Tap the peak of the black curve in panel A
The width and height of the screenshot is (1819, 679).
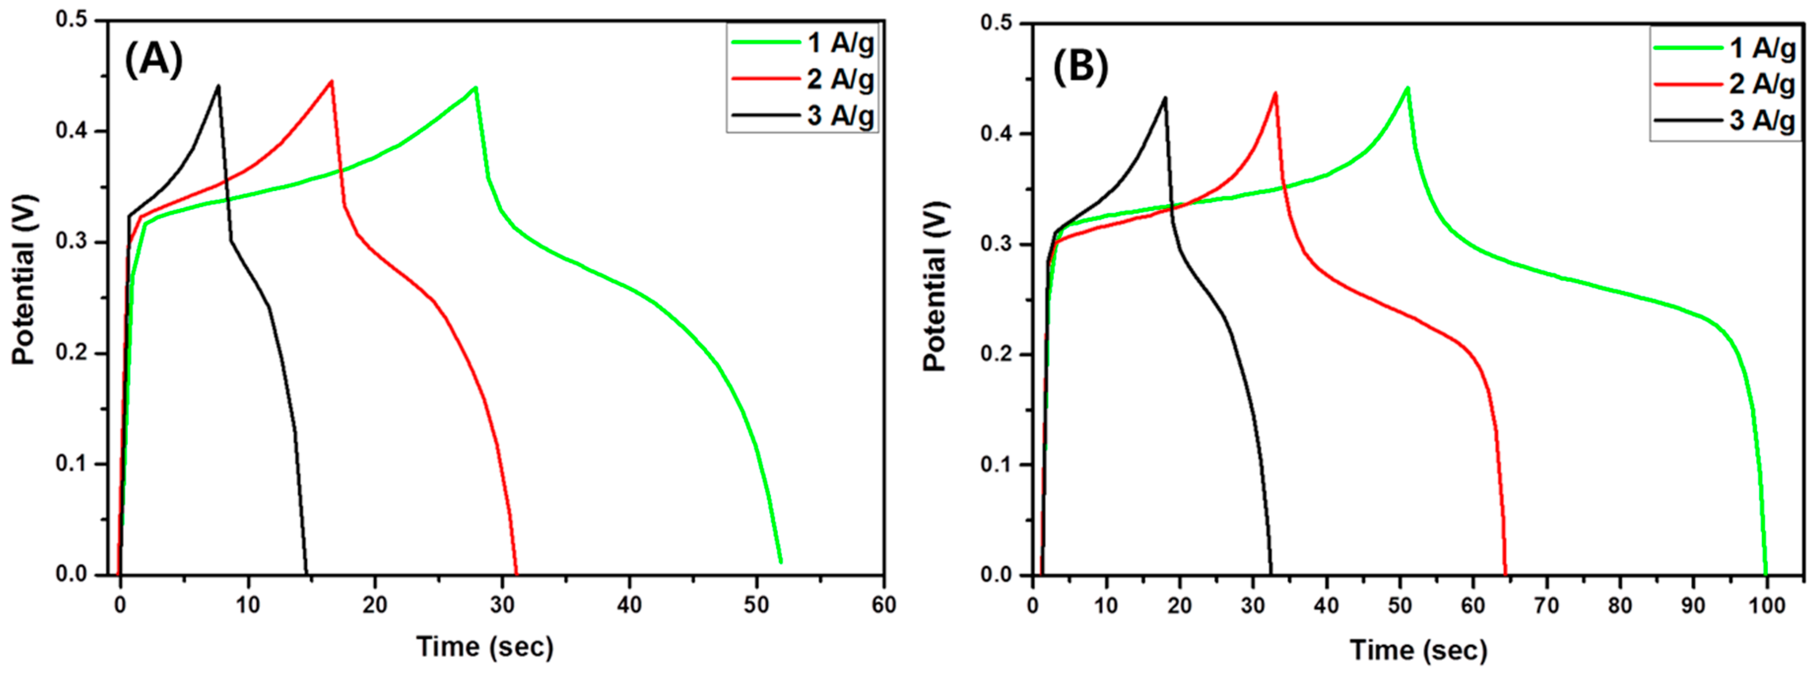pos(218,87)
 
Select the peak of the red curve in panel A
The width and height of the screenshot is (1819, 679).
pos(331,82)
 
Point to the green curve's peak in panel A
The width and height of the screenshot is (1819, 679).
pos(476,88)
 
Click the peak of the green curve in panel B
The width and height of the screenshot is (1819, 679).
pos(1407,88)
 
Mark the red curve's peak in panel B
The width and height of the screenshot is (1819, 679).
pos(1275,93)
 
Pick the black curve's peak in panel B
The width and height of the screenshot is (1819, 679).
pos(1164,98)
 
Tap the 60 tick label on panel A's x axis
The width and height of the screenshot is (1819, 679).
pos(883,605)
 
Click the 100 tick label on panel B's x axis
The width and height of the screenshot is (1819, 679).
pos(1767,606)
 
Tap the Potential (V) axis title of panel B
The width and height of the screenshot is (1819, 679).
pos(935,286)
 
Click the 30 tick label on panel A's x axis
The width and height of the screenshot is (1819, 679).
pos(502,605)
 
